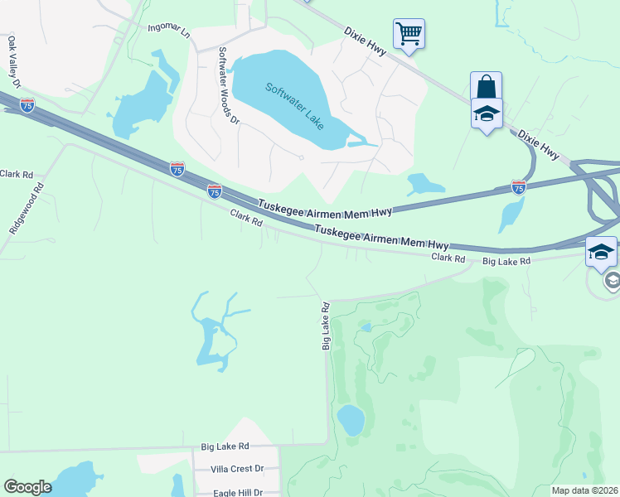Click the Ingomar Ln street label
pos(168,31)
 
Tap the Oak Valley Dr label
pos(13,59)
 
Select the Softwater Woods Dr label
pos(228,85)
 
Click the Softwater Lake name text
pos(295,104)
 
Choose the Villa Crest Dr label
pos(235,469)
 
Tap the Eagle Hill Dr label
pos(236,491)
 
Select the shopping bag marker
pos(486,87)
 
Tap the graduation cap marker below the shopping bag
pos(487,114)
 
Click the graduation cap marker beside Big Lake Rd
pos(601,253)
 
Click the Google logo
pos(27,487)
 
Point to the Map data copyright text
pos(585,490)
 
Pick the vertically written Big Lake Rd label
pos(326,326)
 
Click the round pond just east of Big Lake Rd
pos(351,420)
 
